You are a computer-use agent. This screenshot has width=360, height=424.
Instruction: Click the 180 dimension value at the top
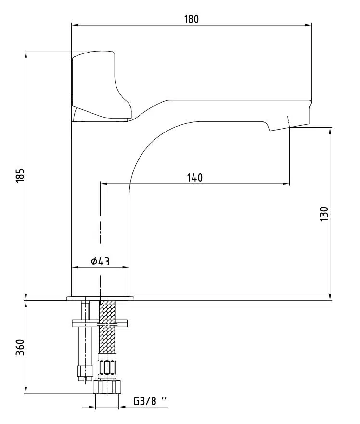click(191, 19)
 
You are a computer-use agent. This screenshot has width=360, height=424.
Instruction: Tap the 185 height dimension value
click(21, 175)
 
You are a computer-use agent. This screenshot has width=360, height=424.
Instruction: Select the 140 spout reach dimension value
click(195, 178)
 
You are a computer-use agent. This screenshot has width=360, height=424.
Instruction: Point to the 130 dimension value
click(324, 214)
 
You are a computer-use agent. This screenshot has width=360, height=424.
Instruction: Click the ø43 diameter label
click(100, 261)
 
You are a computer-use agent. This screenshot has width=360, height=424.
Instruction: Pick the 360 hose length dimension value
click(21, 347)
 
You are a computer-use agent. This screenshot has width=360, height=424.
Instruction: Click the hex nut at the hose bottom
click(107, 387)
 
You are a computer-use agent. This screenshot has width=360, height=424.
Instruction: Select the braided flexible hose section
click(107, 327)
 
